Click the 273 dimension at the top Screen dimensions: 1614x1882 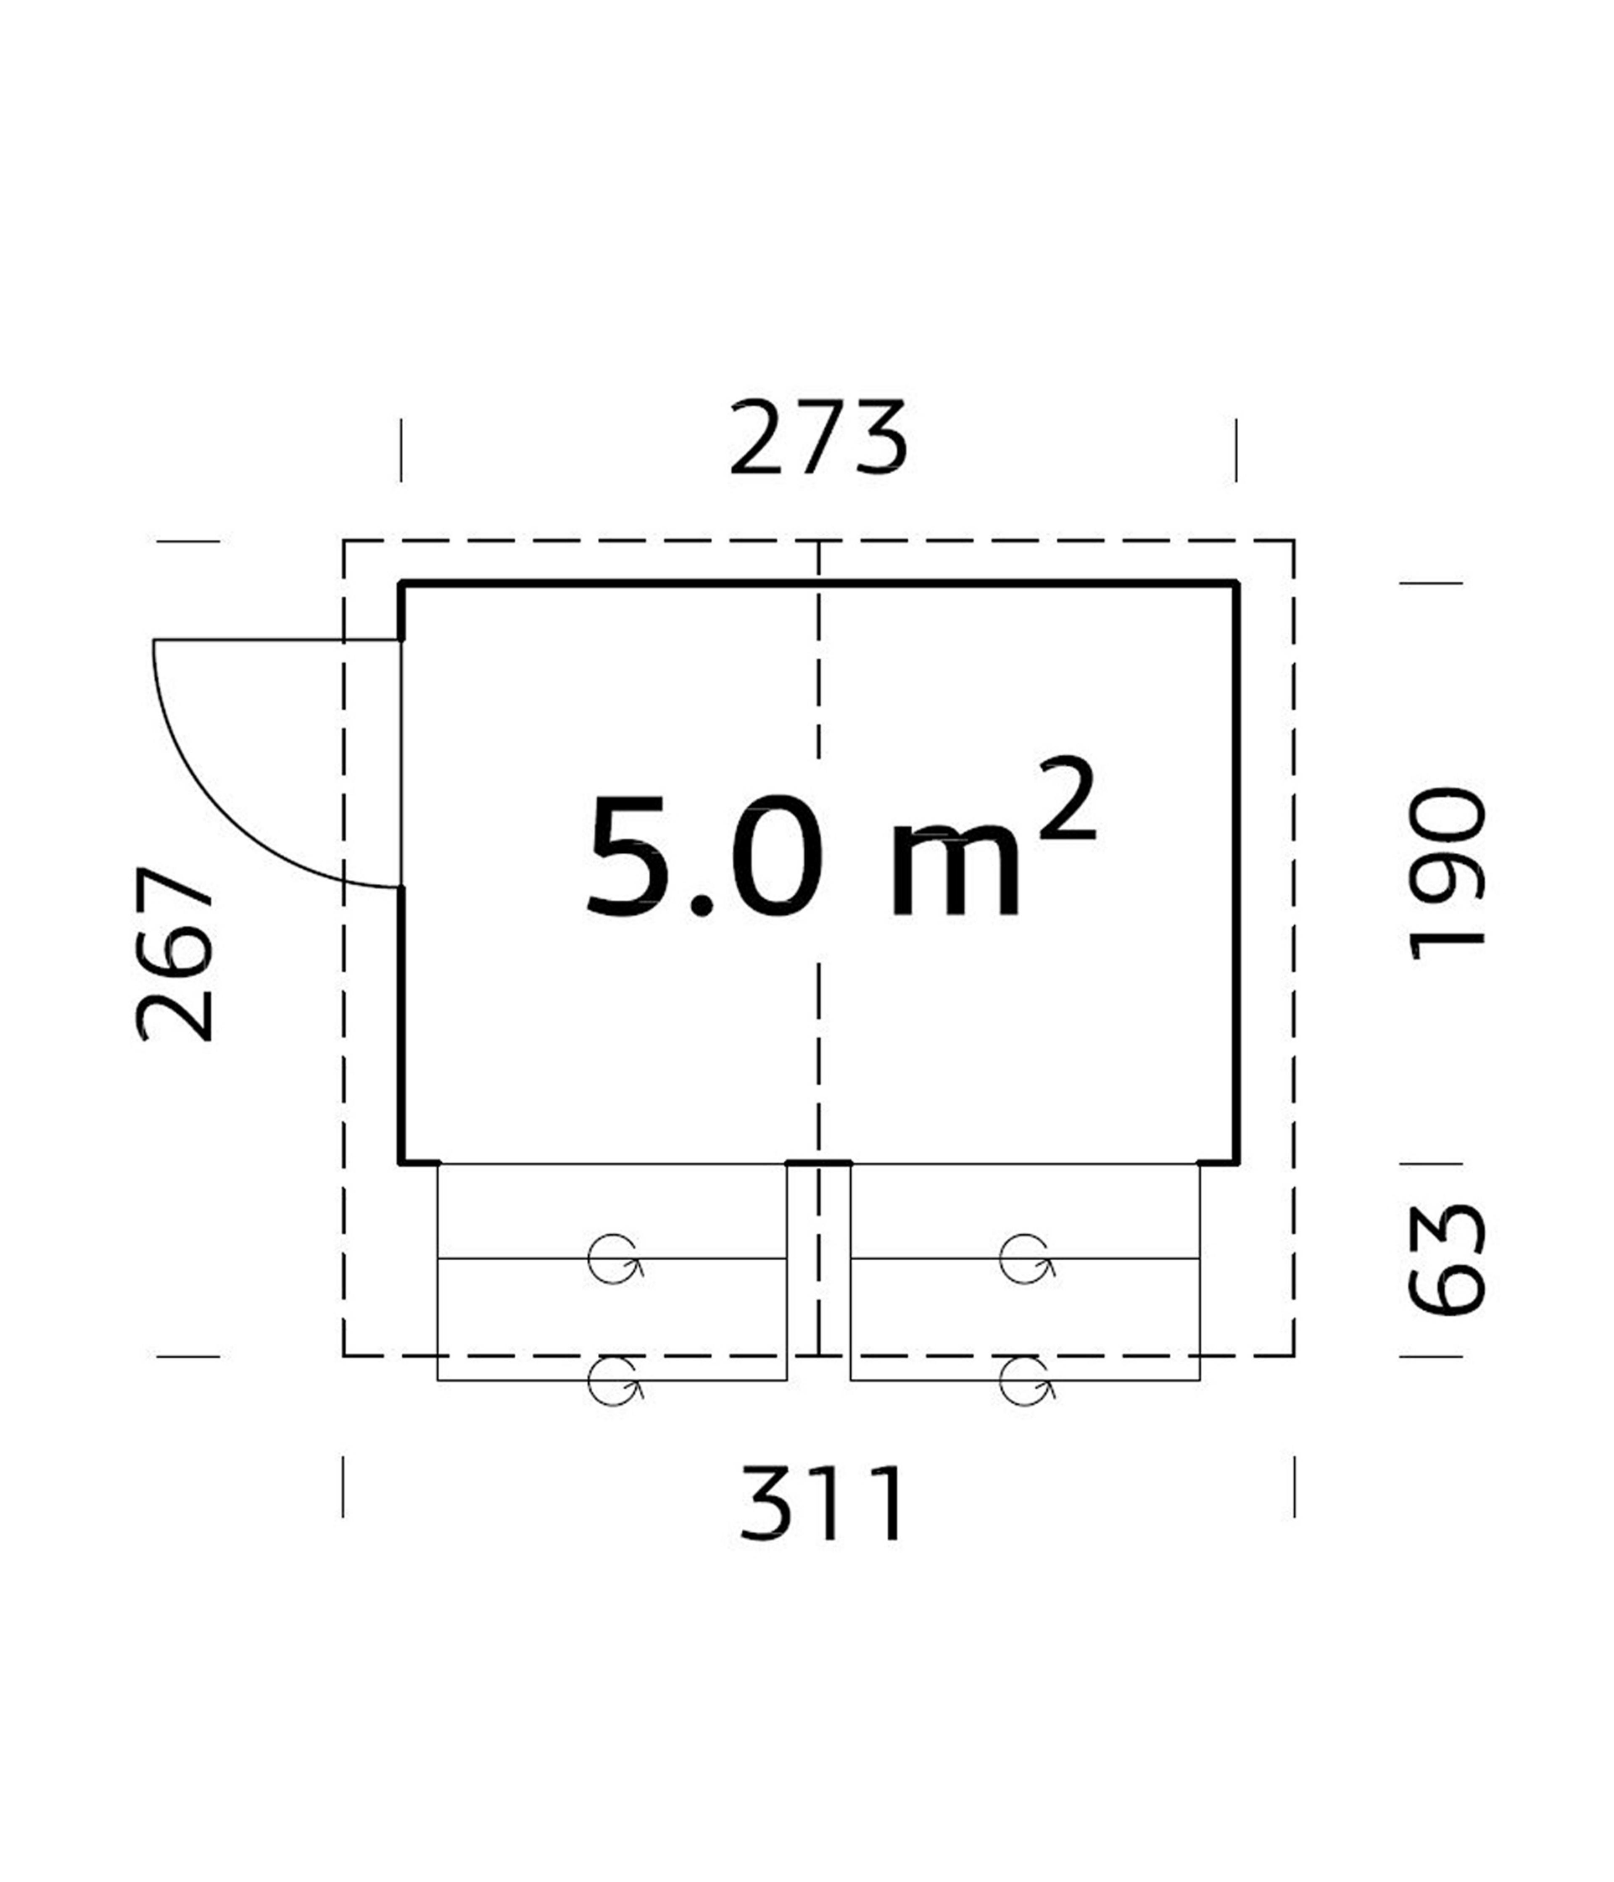(x=818, y=438)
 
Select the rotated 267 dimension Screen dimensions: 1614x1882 (x=174, y=954)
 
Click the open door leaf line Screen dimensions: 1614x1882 (x=277, y=640)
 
